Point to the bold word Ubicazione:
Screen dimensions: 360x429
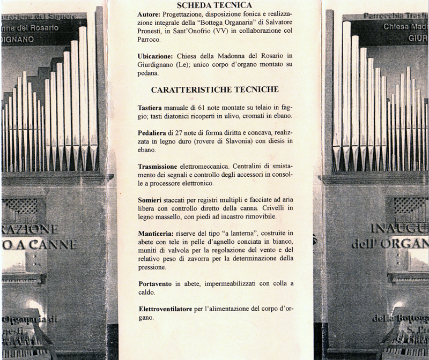click(x=157, y=56)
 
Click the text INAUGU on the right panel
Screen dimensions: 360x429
click(x=398, y=229)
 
